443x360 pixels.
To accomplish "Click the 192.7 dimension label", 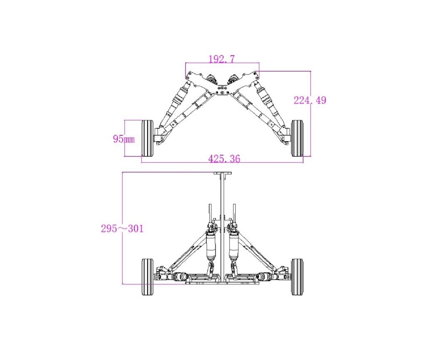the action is pyautogui.click(x=221, y=59).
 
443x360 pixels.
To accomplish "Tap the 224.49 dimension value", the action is pyautogui.click(x=310, y=100).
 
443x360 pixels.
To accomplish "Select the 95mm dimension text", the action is pyautogui.click(x=124, y=139).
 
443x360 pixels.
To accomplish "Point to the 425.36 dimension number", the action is pyautogui.click(x=224, y=159).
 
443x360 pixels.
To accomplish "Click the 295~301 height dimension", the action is pyautogui.click(x=122, y=229).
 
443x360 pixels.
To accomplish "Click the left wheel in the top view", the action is pyautogui.click(x=147, y=138).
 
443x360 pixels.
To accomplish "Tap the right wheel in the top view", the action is pyautogui.click(x=297, y=138).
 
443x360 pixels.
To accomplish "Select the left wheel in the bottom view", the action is pyautogui.click(x=147, y=277).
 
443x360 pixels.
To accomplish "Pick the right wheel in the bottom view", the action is pyautogui.click(x=297, y=277).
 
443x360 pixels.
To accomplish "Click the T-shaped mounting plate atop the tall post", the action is pyautogui.click(x=222, y=173).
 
